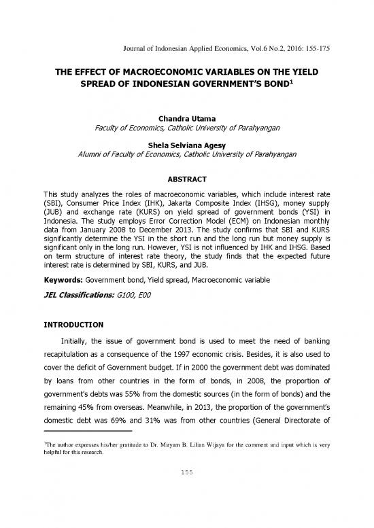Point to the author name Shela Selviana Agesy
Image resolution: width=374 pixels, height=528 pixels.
tap(187, 143)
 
